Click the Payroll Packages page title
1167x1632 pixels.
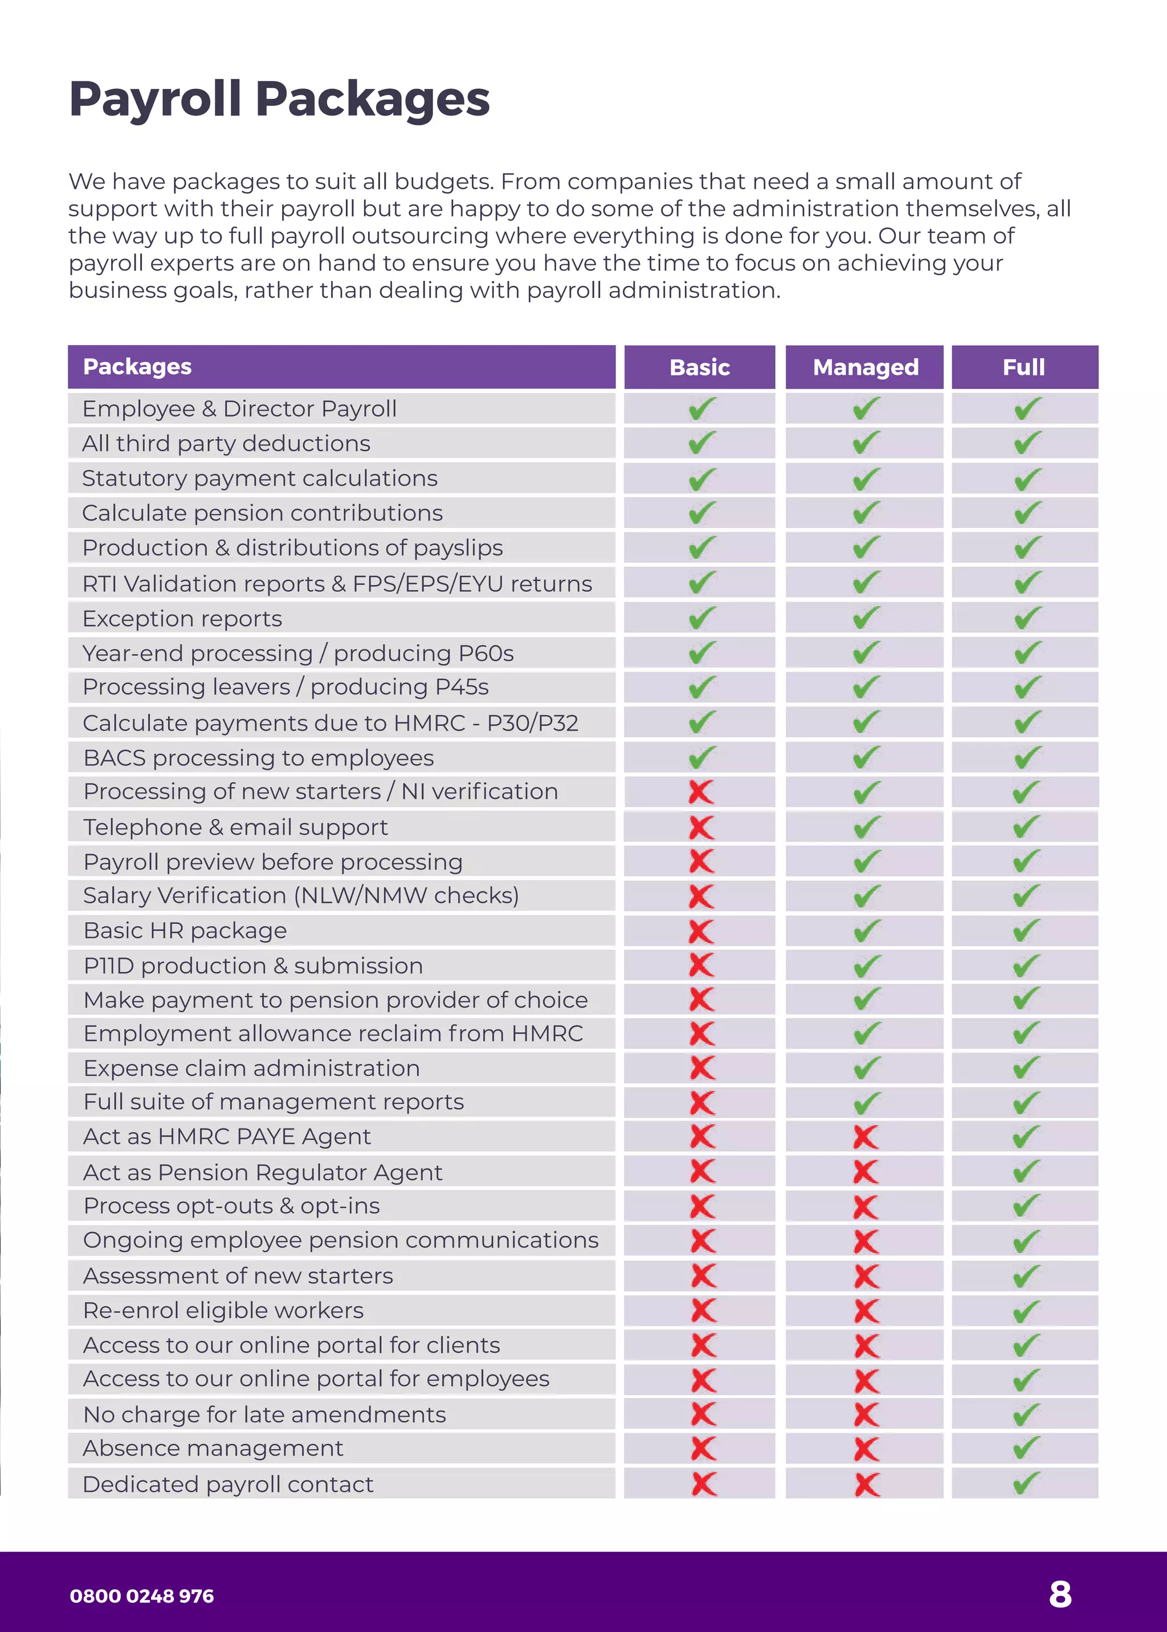click(x=279, y=99)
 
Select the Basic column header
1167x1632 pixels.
click(x=699, y=367)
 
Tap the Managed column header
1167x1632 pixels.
click(x=865, y=367)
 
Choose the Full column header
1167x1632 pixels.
click(x=1023, y=367)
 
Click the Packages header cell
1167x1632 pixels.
click(x=137, y=366)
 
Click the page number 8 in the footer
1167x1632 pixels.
click(x=1060, y=1594)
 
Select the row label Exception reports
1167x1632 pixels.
click(x=182, y=619)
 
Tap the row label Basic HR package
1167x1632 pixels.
click(x=185, y=930)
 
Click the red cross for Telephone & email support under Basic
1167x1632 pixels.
click(x=701, y=827)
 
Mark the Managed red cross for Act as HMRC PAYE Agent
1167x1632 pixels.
click(x=866, y=1137)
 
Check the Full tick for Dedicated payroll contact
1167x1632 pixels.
click(x=1026, y=1483)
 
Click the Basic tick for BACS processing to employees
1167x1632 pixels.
click(x=701, y=757)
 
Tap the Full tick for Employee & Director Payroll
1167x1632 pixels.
click(x=1027, y=409)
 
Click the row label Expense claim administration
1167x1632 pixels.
click(x=251, y=1068)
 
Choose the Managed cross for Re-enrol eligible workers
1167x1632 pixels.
click(x=867, y=1311)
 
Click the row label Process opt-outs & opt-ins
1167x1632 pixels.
click(x=231, y=1206)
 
